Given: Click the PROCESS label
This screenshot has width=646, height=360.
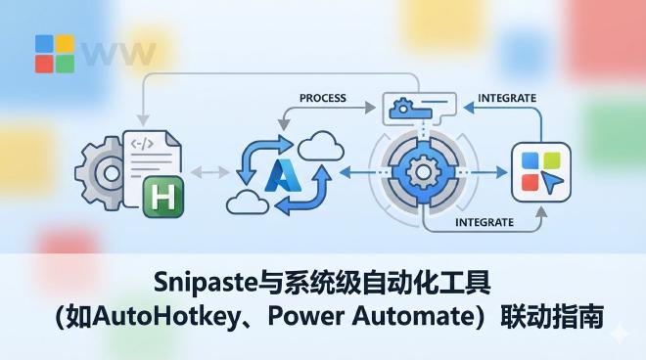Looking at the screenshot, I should (x=323, y=99).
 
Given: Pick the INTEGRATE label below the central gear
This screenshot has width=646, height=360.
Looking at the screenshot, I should (x=484, y=222).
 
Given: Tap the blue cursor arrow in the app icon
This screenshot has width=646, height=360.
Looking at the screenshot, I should (x=554, y=184).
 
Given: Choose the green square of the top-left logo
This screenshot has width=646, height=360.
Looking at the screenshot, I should (x=65, y=64).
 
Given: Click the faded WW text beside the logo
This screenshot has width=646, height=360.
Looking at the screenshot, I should (x=117, y=53).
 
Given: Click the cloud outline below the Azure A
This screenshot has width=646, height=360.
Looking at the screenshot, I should (x=247, y=202).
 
